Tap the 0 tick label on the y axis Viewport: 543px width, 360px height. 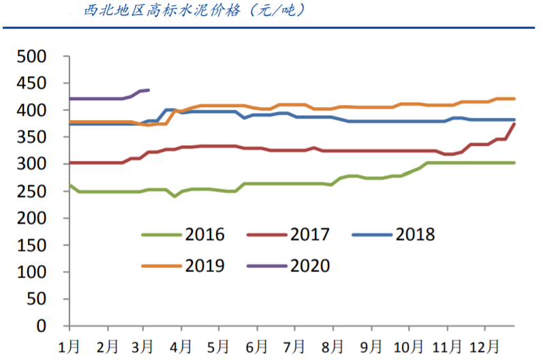coord(42,326)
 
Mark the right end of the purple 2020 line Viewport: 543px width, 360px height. coord(149,90)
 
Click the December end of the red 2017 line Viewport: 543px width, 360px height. coord(514,124)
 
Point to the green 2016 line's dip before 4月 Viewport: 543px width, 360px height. coord(175,196)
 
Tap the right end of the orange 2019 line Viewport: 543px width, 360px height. coord(514,99)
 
